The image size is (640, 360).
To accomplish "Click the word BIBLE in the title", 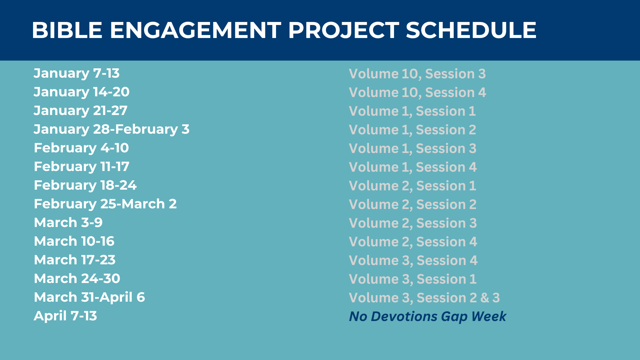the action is [x=67, y=30].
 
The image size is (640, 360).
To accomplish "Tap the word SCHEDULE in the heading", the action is [x=471, y=30].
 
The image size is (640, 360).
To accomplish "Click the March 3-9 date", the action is [x=68, y=222].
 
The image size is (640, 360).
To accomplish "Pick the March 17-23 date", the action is [x=75, y=260].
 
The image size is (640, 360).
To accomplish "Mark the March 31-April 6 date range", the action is [x=89, y=297].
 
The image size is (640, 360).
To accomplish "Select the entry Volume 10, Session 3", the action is [x=417, y=74].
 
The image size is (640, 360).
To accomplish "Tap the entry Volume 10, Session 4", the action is [x=418, y=93].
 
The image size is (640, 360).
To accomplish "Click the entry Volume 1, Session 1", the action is [x=412, y=111].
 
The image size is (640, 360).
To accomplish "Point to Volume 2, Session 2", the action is [x=413, y=205].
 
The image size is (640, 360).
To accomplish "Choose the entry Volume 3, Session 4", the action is [x=413, y=261].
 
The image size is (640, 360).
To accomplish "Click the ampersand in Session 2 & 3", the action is [x=485, y=298].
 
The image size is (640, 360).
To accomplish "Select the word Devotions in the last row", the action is [x=404, y=316].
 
